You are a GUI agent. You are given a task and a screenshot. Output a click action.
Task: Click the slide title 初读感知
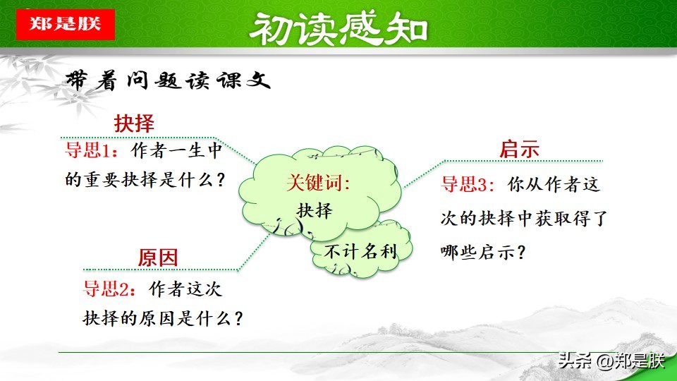click(339, 28)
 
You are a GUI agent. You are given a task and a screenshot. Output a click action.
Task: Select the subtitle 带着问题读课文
click(168, 80)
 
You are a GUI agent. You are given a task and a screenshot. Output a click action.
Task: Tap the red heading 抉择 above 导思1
click(134, 123)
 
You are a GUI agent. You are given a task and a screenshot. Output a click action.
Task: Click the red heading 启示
click(519, 149)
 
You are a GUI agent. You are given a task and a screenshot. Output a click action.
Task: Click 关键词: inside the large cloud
click(317, 182)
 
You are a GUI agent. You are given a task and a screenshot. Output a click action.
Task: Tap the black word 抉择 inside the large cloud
click(315, 210)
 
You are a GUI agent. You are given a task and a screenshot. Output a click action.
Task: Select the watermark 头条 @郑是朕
click(611, 361)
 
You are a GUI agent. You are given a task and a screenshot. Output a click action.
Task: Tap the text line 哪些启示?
click(482, 251)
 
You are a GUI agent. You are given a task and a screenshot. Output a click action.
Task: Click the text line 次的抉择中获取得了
click(522, 218)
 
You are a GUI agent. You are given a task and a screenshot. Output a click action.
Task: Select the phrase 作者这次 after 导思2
click(185, 288)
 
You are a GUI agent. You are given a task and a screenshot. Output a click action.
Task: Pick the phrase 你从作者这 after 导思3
click(554, 185)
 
